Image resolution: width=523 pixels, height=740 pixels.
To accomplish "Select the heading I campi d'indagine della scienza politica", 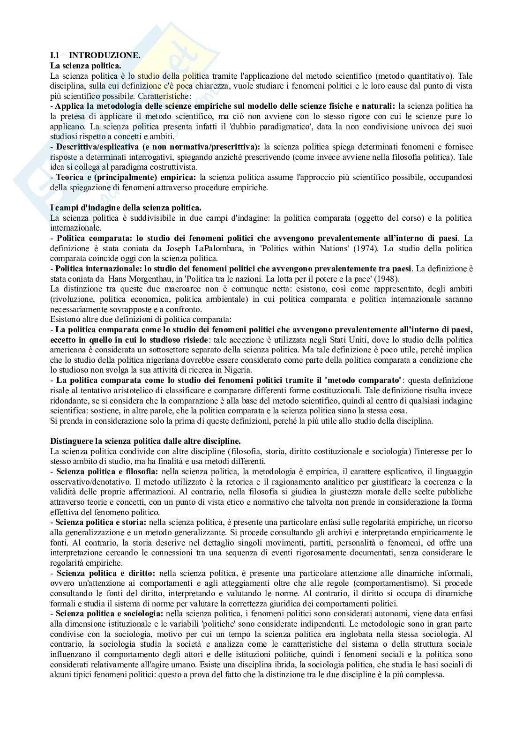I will pos(126,208).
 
